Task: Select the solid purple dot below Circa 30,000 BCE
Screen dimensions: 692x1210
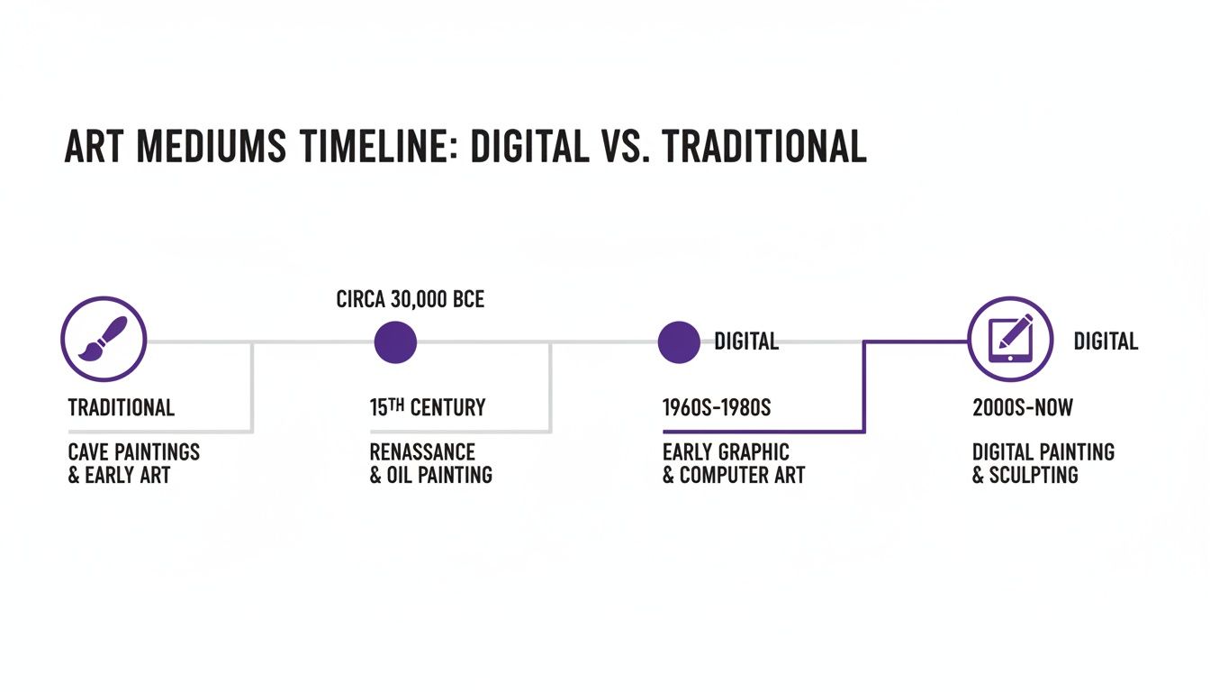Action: coord(394,342)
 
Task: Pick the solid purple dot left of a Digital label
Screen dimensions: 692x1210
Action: coord(678,342)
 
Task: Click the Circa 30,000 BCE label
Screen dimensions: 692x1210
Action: coord(411,300)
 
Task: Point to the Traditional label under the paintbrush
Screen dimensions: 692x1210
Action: coord(122,407)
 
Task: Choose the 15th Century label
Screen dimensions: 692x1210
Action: coord(428,407)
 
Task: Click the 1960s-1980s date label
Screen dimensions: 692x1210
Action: coord(717,407)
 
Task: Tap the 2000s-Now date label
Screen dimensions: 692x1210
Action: coord(1023,407)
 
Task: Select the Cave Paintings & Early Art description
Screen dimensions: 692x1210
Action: coord(134,463)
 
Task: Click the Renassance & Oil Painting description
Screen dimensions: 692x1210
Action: coord(431,463)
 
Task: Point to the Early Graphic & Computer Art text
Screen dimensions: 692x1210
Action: coord(734,463)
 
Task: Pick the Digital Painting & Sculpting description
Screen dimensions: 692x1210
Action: coord(1043,463)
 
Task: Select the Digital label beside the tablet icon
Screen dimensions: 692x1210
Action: coord(1106,341)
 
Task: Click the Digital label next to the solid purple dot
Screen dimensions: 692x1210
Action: coord(746,341)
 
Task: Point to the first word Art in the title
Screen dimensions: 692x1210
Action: coord(95,146)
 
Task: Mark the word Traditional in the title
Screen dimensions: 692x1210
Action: coord(764,146)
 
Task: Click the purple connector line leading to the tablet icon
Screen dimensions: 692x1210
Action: coord(864,387)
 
